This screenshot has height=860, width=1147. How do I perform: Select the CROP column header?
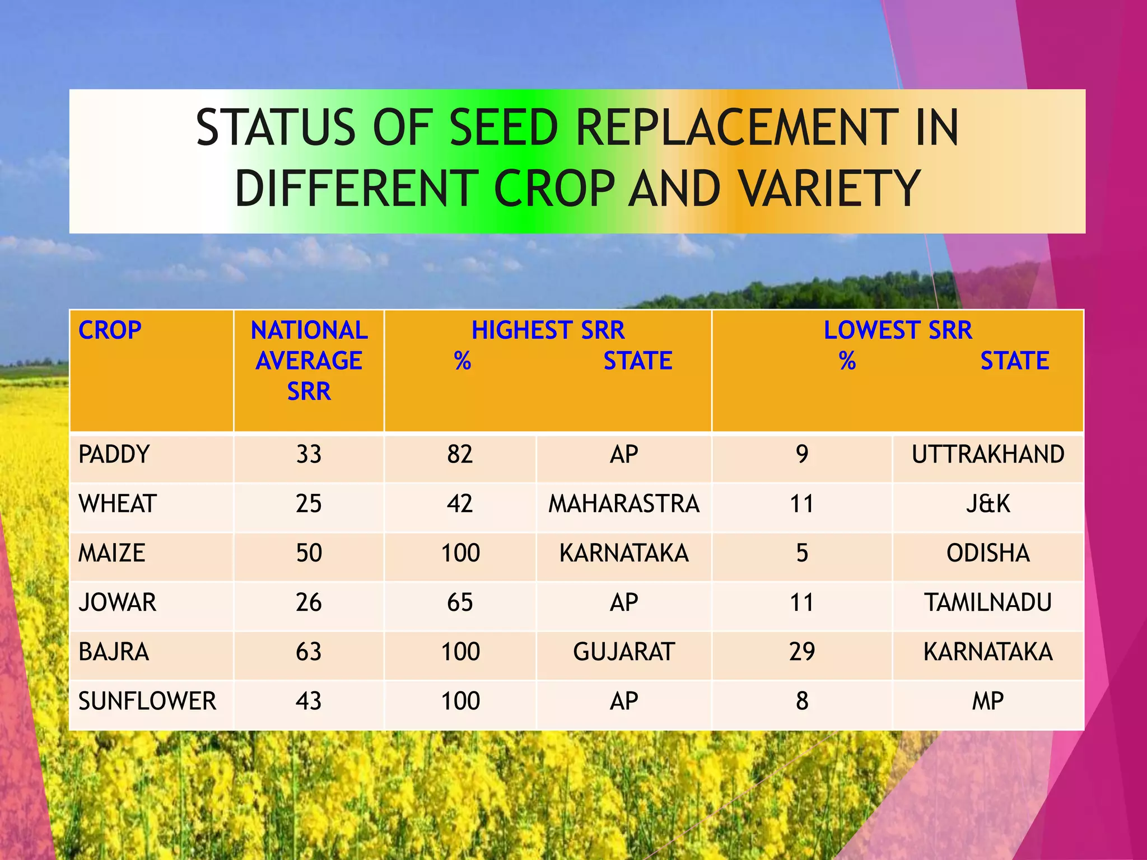point(110,330)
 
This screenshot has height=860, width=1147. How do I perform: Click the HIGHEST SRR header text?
point(548,330)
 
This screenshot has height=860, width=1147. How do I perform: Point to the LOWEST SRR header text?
point(897,330)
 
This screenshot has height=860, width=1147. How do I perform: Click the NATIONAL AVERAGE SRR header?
point(309,361)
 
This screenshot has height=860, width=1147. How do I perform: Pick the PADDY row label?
point(114,454)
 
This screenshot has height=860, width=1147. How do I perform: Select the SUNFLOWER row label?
point(147,701)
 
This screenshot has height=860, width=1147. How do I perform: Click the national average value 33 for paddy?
point(309,454)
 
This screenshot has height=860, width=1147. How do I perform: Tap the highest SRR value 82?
point(460,454)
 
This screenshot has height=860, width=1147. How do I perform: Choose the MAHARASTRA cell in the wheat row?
point(624,503)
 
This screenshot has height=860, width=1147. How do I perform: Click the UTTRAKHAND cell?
point(988,454)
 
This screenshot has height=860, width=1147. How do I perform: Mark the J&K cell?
point(988,503)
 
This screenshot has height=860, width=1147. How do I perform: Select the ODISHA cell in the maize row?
point(988,553)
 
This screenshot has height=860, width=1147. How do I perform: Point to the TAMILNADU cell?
point(988,602)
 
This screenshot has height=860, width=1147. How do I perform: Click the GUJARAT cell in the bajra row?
point(624,652)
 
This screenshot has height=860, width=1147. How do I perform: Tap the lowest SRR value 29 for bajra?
point(802,652)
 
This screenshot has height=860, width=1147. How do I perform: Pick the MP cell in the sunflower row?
point(988,701)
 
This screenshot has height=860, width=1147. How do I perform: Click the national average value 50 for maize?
point(309,553)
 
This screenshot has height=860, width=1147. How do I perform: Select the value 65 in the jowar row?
point(460,602)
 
